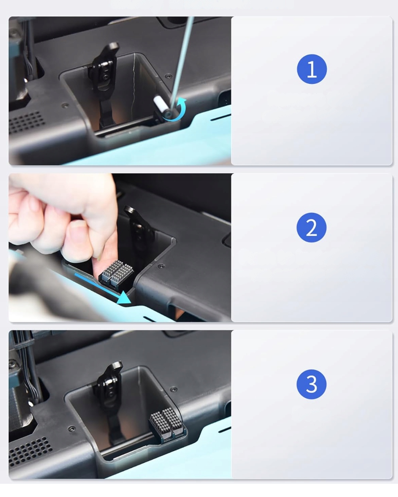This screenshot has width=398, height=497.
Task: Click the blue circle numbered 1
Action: coord(311,69)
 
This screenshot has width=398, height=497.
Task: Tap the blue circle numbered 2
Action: coord(311,228)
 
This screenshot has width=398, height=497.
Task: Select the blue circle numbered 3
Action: coord(311,384)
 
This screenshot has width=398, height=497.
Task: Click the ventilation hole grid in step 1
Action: coord(25,123)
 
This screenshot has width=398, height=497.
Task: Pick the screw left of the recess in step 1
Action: coord(66,105)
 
